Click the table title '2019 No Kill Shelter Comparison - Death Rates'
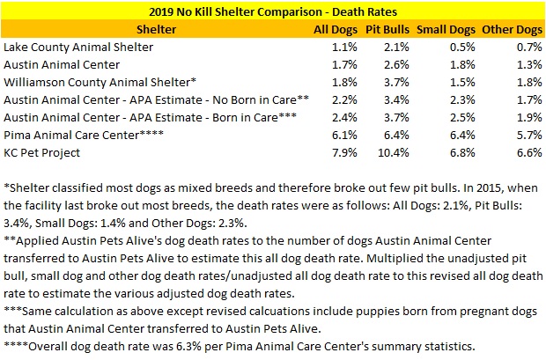click(x=273, y=12)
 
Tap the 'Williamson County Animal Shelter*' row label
click(x=100, y=82)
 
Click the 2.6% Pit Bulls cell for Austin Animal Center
click(x=394, y=64)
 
